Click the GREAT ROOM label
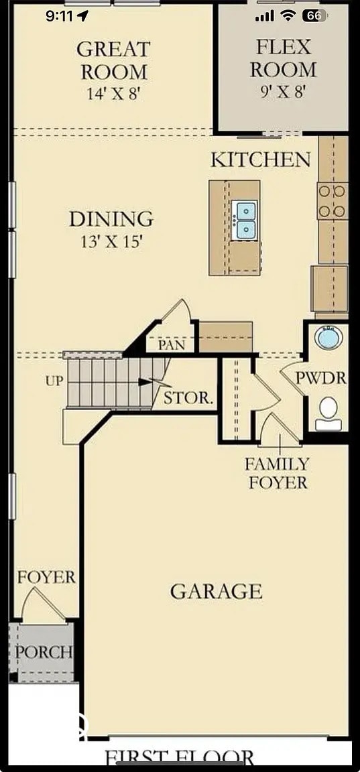click(113, 60)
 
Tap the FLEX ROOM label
click(283, 58)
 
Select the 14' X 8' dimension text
click(113, 94)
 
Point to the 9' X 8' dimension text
click(283, 92)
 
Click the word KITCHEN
click(261, 160)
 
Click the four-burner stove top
click(333, 201)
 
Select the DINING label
click(111, 219)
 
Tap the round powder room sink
click(328, 337)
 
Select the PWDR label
click(321, 378)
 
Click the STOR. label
click(189, 397)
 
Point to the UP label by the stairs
click(54, 381)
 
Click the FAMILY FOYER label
click(277, 472)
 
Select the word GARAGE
click(216, 592)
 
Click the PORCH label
click(44, 651)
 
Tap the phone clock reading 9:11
click(60, 16)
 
